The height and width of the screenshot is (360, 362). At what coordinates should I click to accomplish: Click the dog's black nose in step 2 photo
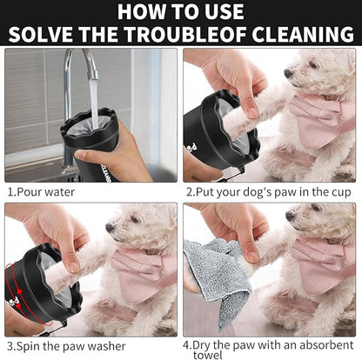pos(288,73)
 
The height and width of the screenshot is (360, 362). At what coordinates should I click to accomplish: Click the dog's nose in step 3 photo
pos(110,228)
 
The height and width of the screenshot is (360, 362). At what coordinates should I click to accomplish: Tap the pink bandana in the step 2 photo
pos(323,113)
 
